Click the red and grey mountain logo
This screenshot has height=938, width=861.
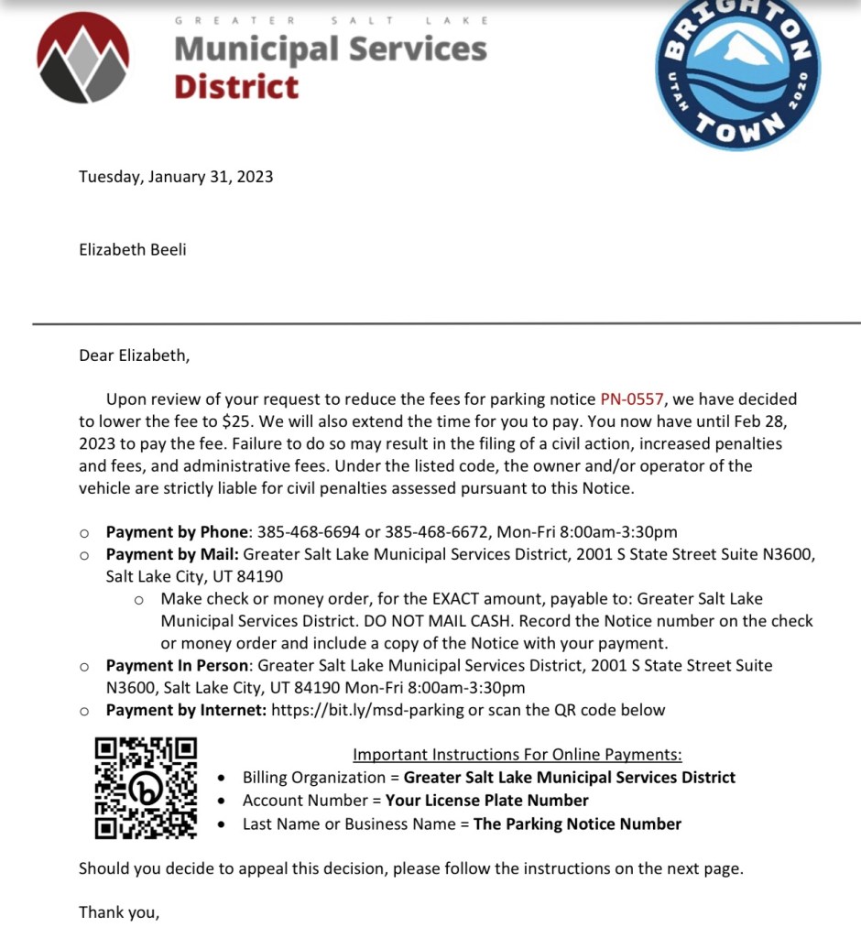[x=83, y=59]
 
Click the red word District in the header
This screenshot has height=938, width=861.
[x=236, y=87]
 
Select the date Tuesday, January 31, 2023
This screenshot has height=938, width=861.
[x=176, y=177]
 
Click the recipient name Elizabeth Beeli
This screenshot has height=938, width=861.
[x=132, y=248]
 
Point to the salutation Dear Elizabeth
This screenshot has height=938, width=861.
[x=134, y=354]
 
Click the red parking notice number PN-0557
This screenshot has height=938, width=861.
[x=632, y=399]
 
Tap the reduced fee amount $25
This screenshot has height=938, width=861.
[x=233, y=421]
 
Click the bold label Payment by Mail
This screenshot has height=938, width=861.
[x=172, y=554]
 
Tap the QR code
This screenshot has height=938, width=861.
[x=147, y=788]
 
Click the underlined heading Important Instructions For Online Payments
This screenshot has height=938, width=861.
[x=518, y=755]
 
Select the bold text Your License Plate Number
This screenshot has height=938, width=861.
[x=486, y=801]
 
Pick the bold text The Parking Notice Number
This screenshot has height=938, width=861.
[x=577, y=823]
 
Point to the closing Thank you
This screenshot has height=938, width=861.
[x=119, y=911]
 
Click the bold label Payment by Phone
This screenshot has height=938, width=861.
[x=177, y=532]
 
